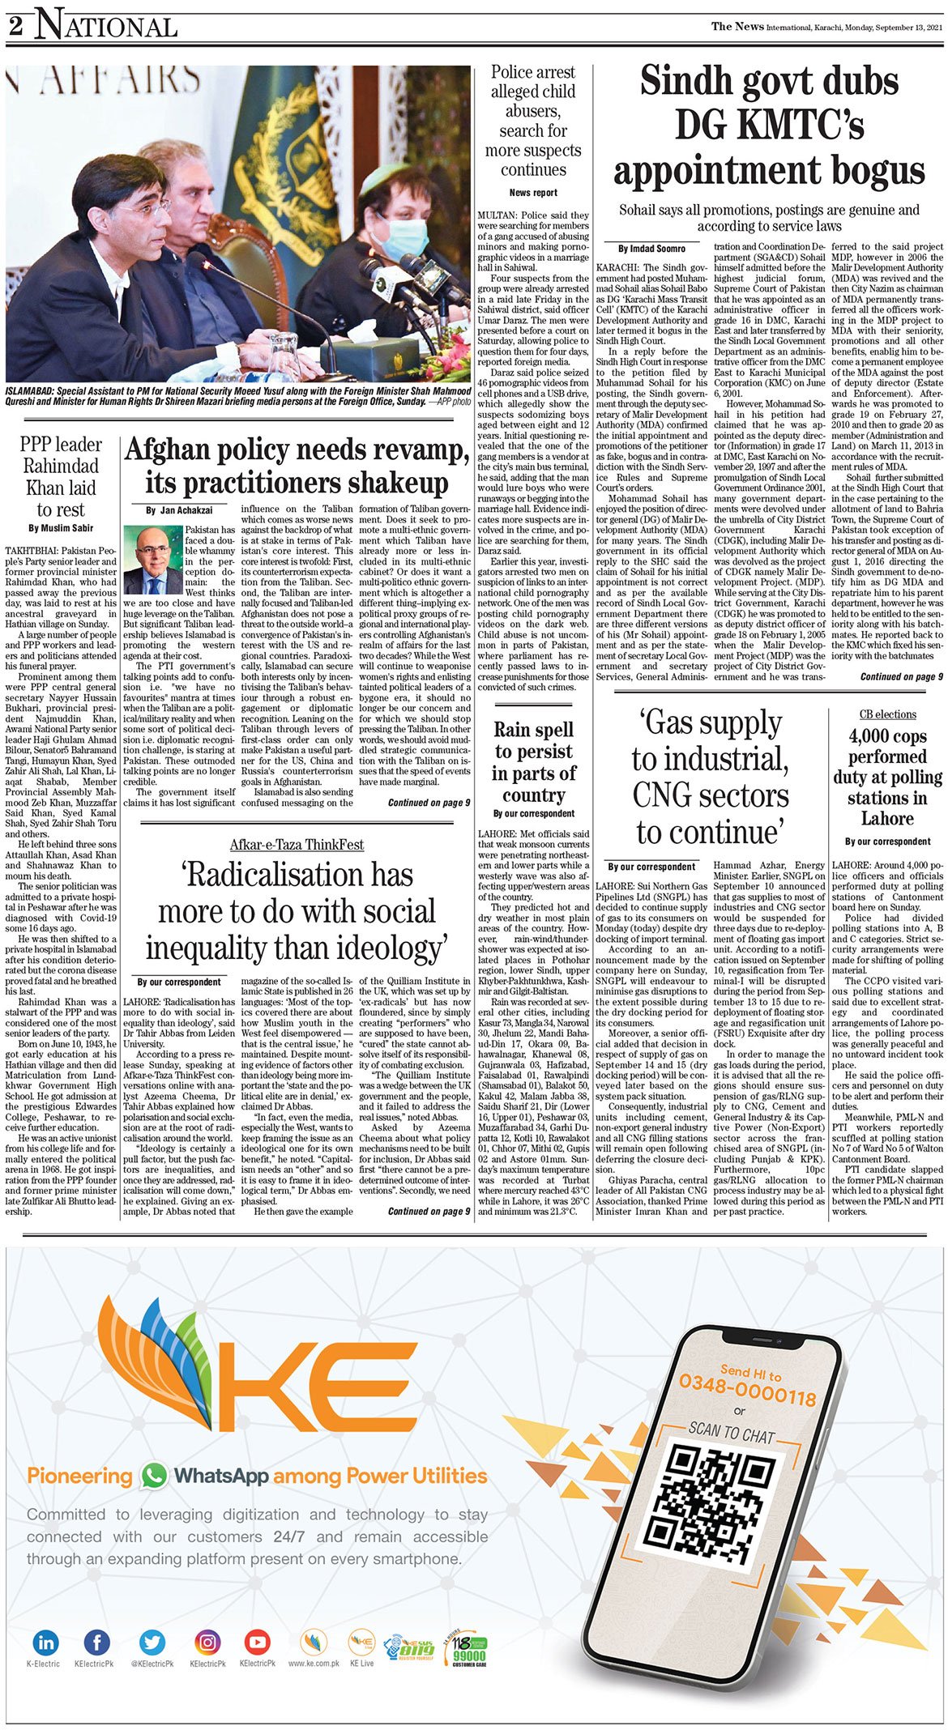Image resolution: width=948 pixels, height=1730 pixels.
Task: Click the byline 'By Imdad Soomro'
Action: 651,249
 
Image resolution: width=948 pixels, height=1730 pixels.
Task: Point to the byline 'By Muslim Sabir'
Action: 61,528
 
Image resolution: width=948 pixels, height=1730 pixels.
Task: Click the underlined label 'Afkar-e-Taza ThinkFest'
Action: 297,845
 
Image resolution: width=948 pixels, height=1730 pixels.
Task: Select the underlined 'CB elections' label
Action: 887,714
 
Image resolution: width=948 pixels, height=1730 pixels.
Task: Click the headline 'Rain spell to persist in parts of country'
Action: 533,762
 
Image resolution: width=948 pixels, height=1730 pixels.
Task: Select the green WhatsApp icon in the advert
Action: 153,1476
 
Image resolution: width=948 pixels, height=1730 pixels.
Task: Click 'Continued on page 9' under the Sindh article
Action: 901,677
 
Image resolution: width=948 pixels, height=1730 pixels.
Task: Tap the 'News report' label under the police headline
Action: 533,193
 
